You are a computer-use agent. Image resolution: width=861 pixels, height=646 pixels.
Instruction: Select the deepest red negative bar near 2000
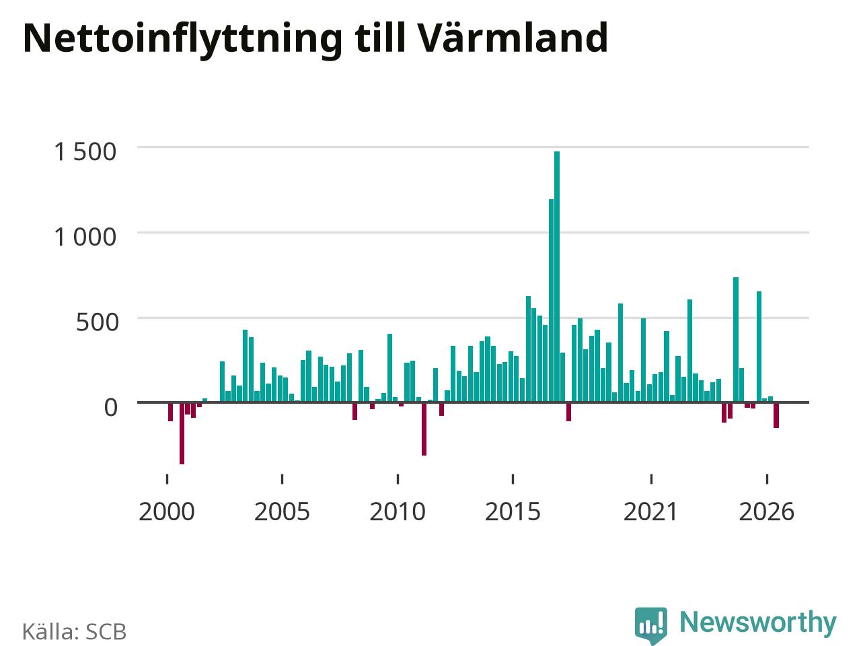tap(182, 433)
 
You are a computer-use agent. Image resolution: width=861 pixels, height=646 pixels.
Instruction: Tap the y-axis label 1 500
tap(85, 152)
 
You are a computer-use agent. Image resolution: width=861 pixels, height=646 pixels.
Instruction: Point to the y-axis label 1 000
tap(85, 238)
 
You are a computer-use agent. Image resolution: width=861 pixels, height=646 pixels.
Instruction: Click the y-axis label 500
tap(97, 322)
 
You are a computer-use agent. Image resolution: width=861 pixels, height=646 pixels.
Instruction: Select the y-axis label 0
tap(110, 408)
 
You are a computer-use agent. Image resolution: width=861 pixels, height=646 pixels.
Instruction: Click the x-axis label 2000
tap(167, 512)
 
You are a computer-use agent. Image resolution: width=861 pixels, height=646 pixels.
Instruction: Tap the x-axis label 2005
tap(282, 512)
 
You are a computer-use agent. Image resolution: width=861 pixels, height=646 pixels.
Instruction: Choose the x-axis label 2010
tap(398, 512)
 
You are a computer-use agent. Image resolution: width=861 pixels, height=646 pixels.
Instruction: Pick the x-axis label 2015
tap(513, 512)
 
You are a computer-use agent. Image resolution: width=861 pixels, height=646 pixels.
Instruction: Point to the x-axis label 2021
tap(650, 512)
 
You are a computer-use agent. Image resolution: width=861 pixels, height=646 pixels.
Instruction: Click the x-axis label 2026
tap(766, 512)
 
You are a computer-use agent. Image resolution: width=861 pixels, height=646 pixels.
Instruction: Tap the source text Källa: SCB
tap(74, 632)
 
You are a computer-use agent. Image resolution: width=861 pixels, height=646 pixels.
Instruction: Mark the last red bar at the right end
tap(776, 415)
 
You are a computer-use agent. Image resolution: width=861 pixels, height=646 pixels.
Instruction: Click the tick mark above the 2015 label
tap(513, 479)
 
